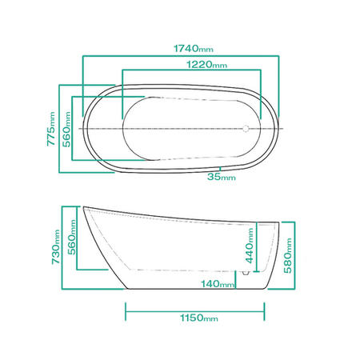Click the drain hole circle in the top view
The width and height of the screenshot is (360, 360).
point(245,127)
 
